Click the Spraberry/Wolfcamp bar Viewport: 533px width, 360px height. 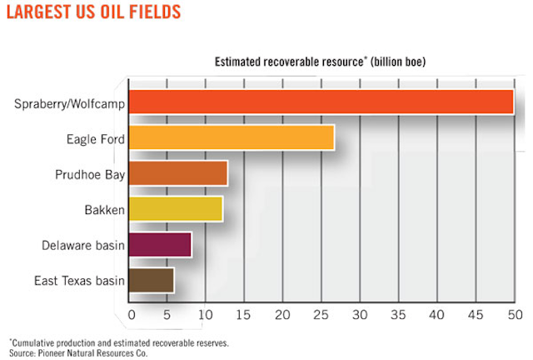(x=321, y=102)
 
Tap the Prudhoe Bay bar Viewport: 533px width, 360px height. (x=178, y=173)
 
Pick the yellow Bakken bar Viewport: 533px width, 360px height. (x=176, y=209)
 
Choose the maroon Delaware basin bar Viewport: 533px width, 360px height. (x=160, y=245)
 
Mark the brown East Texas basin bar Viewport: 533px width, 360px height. (x=152, y=281)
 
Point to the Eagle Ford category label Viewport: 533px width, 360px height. (x=96, y=139)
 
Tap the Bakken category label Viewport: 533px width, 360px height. (x=104, y=211)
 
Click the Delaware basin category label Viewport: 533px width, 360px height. (x=83, y=246)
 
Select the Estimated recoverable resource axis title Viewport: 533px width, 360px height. (x=321, y=61)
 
